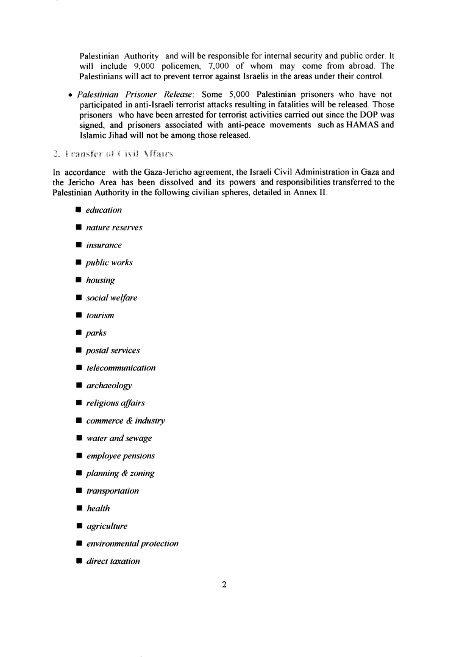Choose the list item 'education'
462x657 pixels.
pyautogui.click(x=104, y=210)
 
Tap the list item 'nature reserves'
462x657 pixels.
pyautogui.click(x=114, y=228)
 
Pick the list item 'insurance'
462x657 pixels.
pyautogui.click(x=104, y=245)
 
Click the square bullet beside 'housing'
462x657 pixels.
pyautogui.click(x=79, y=280)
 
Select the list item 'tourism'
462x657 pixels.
pyautogui.click(x=100, y=316)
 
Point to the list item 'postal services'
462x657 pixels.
pyautogui.click(x=113, y=350)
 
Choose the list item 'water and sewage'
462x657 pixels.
pyautogui.click(x=119, y=438)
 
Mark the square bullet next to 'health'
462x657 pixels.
pyautogui.click(x=79, y=508)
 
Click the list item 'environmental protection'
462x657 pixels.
pyautogui.click(x=132, y=544)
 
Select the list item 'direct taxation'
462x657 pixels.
pyautogui.click(x=113, y=561)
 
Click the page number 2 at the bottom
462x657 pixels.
pyautogui.click(x=224, y=585)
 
